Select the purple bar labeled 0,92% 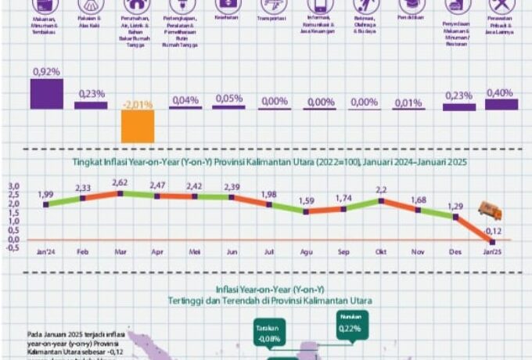(x=46, y=93)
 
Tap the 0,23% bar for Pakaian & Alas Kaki (x=91, y=104)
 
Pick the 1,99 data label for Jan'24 (x=45, y=194)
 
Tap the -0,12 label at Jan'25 (x=492, y=231)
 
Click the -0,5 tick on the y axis (x=13, y=248)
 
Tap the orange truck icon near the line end (x=491, y=211)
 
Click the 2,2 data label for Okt (x=382, y=189)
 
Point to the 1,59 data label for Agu (x=307, y=201)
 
